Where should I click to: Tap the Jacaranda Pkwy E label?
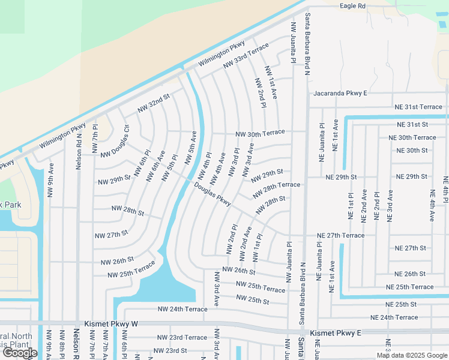(340, 94)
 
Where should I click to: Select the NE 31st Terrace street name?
(418, 107)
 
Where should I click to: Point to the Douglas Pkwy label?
(212, 194)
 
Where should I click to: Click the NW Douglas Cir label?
(115, 142)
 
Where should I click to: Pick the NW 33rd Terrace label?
(246, 56)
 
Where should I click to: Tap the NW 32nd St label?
(154, 102)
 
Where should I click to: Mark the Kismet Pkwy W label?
(111, 324)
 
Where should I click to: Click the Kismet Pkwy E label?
(336, 332)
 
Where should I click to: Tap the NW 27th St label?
(112, 233)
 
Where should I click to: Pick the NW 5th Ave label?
(191, 147)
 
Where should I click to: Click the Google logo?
(20, 353)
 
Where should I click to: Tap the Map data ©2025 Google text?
(411, 355)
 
